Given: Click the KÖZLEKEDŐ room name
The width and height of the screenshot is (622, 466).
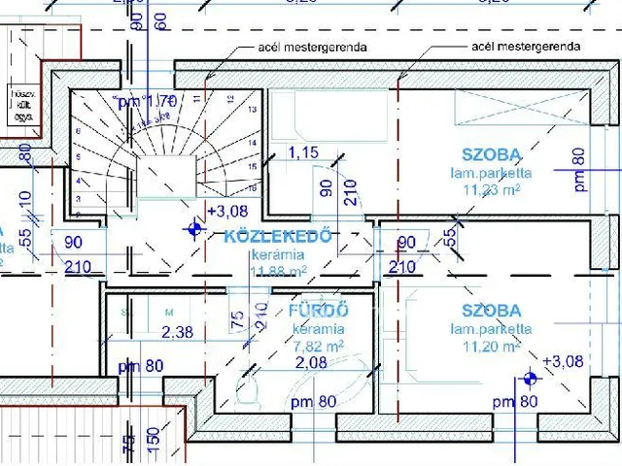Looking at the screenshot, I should point(279,236).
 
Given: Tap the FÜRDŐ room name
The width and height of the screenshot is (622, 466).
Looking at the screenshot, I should point(318,311).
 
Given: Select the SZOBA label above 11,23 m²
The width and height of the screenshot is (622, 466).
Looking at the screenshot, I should point(491,153).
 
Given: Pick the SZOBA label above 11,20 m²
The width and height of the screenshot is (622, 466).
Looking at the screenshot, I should point(491,311).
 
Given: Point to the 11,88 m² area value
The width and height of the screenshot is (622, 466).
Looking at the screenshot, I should point(279,271).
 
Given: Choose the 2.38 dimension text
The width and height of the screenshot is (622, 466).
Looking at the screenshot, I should point(178,333).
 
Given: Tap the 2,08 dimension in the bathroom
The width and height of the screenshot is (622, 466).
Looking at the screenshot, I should point(311,363).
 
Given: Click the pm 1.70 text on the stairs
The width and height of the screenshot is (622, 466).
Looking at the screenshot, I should point(145,99).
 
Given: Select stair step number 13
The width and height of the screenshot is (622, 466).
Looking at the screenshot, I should point(254,110).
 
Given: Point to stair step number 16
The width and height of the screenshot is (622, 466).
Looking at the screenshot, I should point(254,186).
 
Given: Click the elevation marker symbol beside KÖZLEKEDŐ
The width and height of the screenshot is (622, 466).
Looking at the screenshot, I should point(194,230).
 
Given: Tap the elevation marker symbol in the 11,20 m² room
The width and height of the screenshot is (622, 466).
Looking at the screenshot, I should point(529,378).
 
